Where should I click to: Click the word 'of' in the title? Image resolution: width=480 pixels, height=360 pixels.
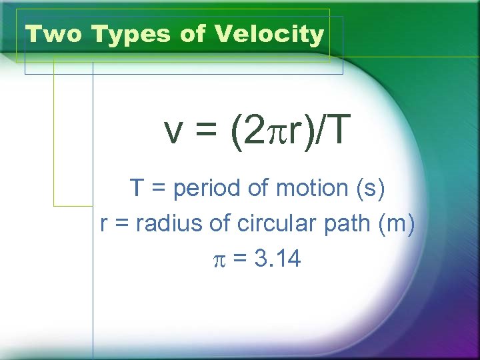point(193,34)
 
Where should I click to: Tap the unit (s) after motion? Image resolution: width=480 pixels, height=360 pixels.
point(370,189)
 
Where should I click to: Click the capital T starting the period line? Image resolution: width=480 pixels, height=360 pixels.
point(137,189)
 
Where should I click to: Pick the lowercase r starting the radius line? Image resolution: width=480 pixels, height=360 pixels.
point(104,225)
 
